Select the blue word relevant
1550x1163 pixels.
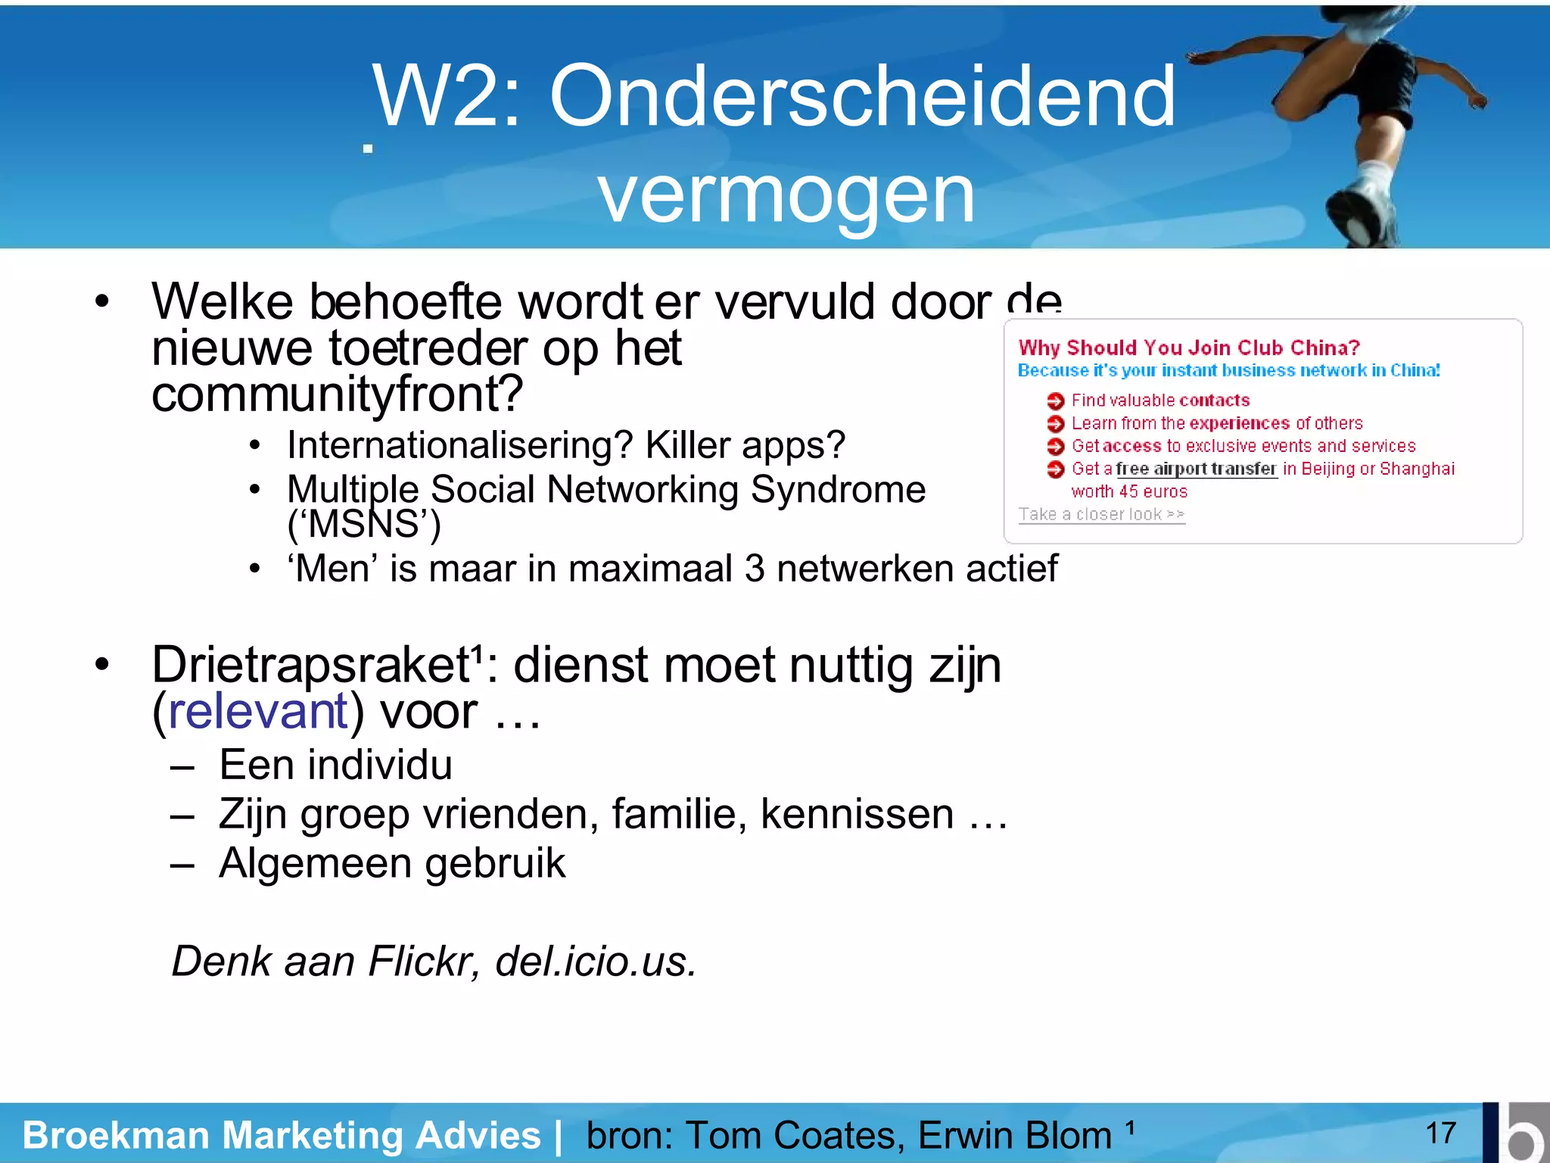tap(257, 712)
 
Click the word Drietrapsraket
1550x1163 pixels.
tap(310, 665)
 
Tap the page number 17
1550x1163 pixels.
tap(1440, 1133)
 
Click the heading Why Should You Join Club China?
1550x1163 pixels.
tap(1188, 348)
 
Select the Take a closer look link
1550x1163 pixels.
tap(1101, 514)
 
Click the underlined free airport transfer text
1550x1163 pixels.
tap(1196, 469)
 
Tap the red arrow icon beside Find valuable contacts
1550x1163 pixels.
tap(1055, 401)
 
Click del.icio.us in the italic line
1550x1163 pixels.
tap(594, 962)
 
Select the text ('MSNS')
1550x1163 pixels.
tap(363, 524)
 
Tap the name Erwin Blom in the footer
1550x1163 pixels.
tap(1014, 1135)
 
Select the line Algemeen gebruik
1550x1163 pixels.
tap(391, 863)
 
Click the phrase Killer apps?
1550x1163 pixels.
tap(745, 444)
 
